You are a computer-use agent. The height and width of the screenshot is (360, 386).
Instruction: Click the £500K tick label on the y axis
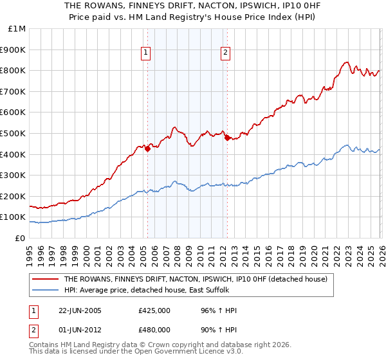point(13,133)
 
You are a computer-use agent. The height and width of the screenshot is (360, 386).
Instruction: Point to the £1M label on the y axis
point(17,28)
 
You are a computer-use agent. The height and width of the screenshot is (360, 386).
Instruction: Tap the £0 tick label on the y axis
point(21,238)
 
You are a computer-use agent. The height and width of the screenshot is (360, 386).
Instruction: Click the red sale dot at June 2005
point(147,148)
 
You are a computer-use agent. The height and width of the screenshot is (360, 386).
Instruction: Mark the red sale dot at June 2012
point(226,137)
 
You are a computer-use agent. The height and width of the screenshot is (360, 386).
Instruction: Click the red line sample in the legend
point(46,279)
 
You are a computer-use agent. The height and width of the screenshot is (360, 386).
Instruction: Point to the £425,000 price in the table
point(154,310)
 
